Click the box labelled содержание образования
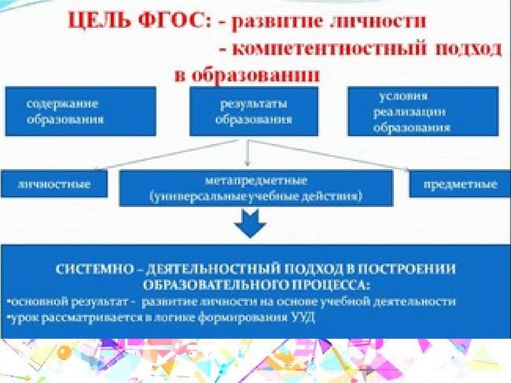[x=80, y=111]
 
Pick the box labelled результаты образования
[x=254, y=111]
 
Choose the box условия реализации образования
[x=423, y=111]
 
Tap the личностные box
[x=54, y=184]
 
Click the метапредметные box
[x=256, y=188]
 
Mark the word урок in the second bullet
[x=20, y=318]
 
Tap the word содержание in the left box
[x=62, y=105]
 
